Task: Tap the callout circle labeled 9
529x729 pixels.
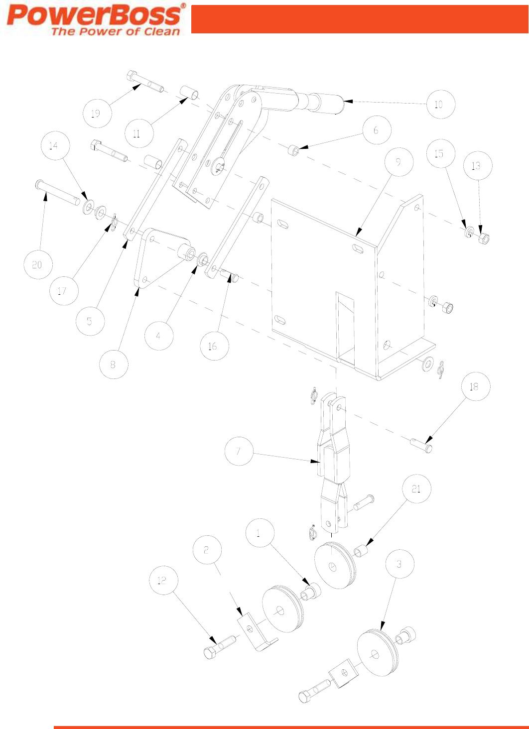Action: tap(398, 161)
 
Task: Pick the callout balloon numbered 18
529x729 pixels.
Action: tap(474, 386)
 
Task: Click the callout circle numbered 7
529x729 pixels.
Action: tap(238, 451)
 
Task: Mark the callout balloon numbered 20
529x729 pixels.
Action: tap(37, 264)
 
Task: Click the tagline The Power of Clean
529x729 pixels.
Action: tap(116, 31)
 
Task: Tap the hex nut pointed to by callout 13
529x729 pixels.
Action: tap(484, 238)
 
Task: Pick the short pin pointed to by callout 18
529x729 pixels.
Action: tap(421, 445)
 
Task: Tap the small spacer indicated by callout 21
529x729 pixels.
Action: tap(361, 551)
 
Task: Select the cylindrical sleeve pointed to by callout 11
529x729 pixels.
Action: tap(190, 94)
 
